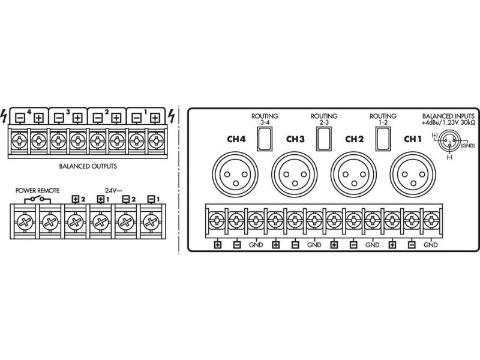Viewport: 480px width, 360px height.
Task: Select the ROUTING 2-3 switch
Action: point(324,139)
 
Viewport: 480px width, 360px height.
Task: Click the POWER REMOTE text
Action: point(38,190)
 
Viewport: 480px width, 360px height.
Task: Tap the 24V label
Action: point(111,190)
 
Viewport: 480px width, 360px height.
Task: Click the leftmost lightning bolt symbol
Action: point(5,114)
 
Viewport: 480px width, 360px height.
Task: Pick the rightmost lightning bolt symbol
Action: point(173,114)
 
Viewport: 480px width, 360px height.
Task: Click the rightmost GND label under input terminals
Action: point(431,245)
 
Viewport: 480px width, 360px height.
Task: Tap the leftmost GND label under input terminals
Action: point(256,245)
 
